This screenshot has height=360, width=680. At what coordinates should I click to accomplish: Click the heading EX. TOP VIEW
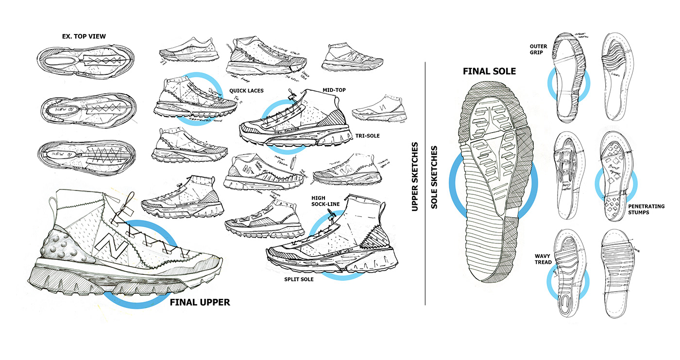click(85, 36)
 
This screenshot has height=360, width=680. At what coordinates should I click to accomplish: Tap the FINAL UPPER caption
click(200, 302)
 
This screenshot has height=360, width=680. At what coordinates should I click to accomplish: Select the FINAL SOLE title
click(489, 71)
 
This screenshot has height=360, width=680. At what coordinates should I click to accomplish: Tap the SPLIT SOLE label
click(299, 279)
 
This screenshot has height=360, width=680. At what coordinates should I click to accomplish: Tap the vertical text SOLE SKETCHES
click(434, 177)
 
